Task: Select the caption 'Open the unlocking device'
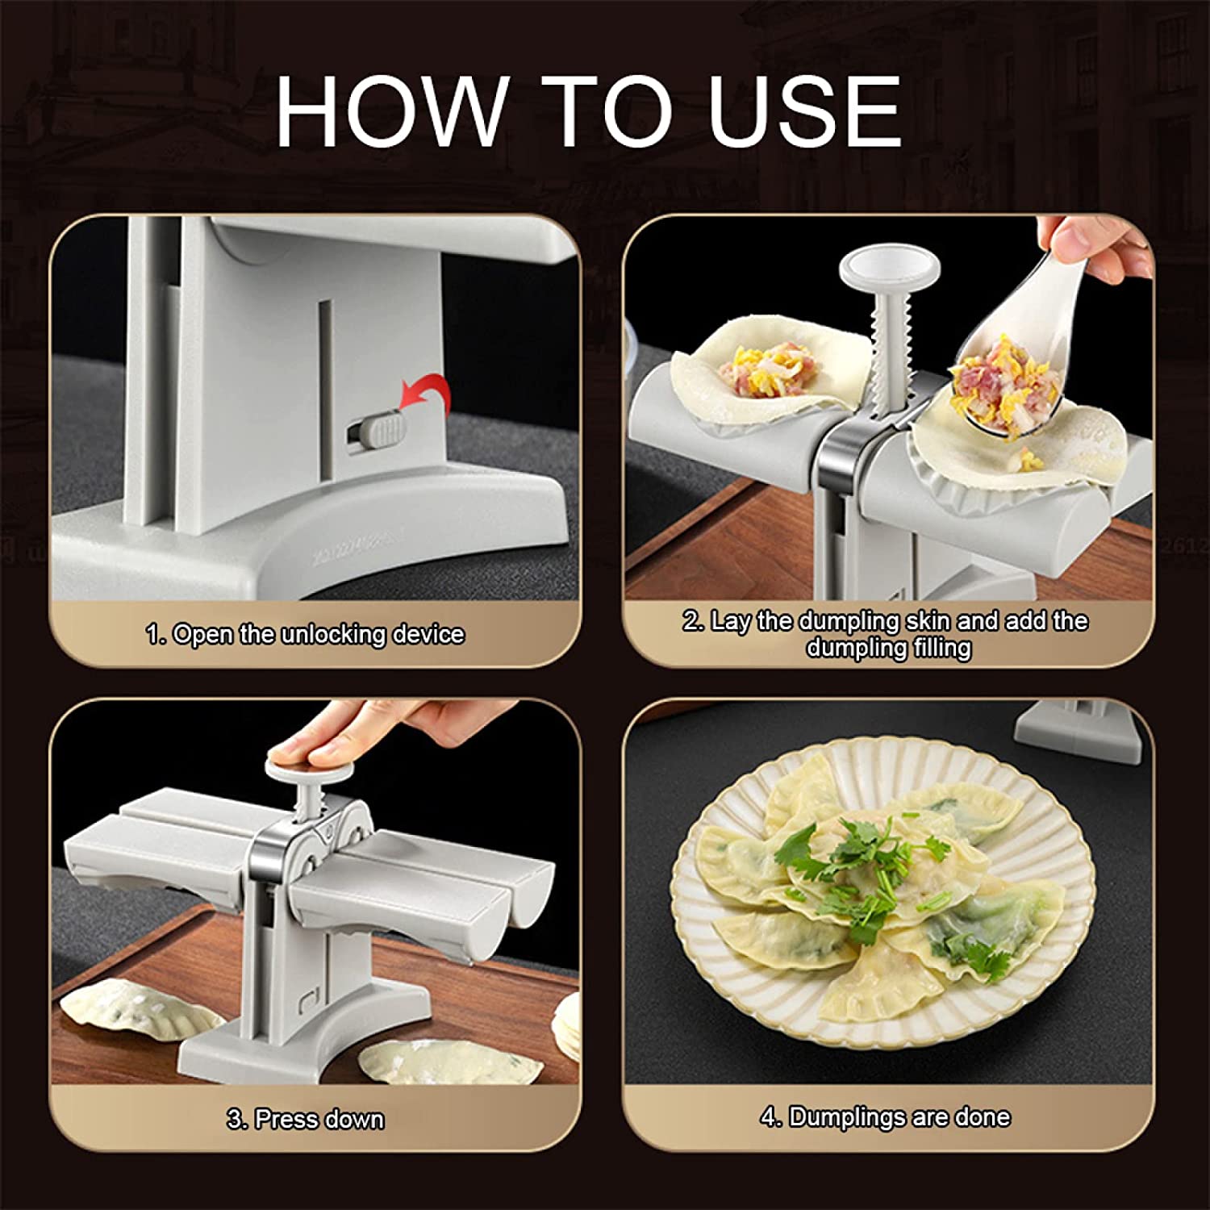[318, 635]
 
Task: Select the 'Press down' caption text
[319, 1120]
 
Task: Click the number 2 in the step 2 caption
[691, 621]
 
